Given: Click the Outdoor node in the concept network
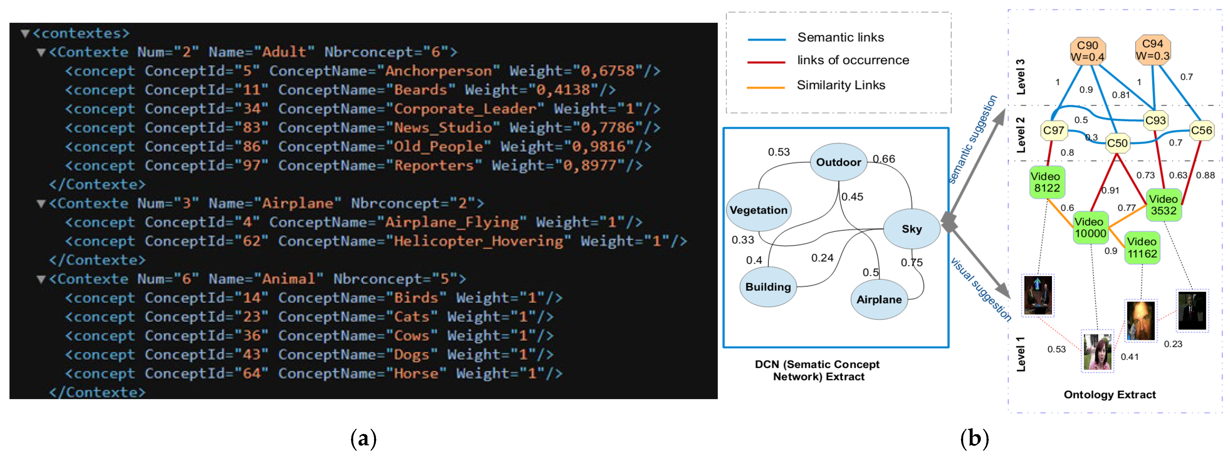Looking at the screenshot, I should click(839, 162).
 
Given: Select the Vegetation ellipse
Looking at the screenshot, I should click(758, 210).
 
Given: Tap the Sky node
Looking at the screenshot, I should click(912, 229).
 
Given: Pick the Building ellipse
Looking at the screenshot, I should click(768, 287).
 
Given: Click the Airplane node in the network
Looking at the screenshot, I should click(879, 300).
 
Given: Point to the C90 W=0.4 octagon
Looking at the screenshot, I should click(1087, 51).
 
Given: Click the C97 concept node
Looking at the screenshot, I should click(1053, 130).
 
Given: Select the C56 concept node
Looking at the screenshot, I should click(1201, 130).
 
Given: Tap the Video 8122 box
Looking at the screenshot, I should click(1047, 182).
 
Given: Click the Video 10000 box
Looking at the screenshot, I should click(1091, 227).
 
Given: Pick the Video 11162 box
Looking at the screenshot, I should click(1142, 247).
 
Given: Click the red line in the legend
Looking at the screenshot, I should click(766, 62).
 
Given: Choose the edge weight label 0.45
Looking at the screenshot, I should click(852, 197).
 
